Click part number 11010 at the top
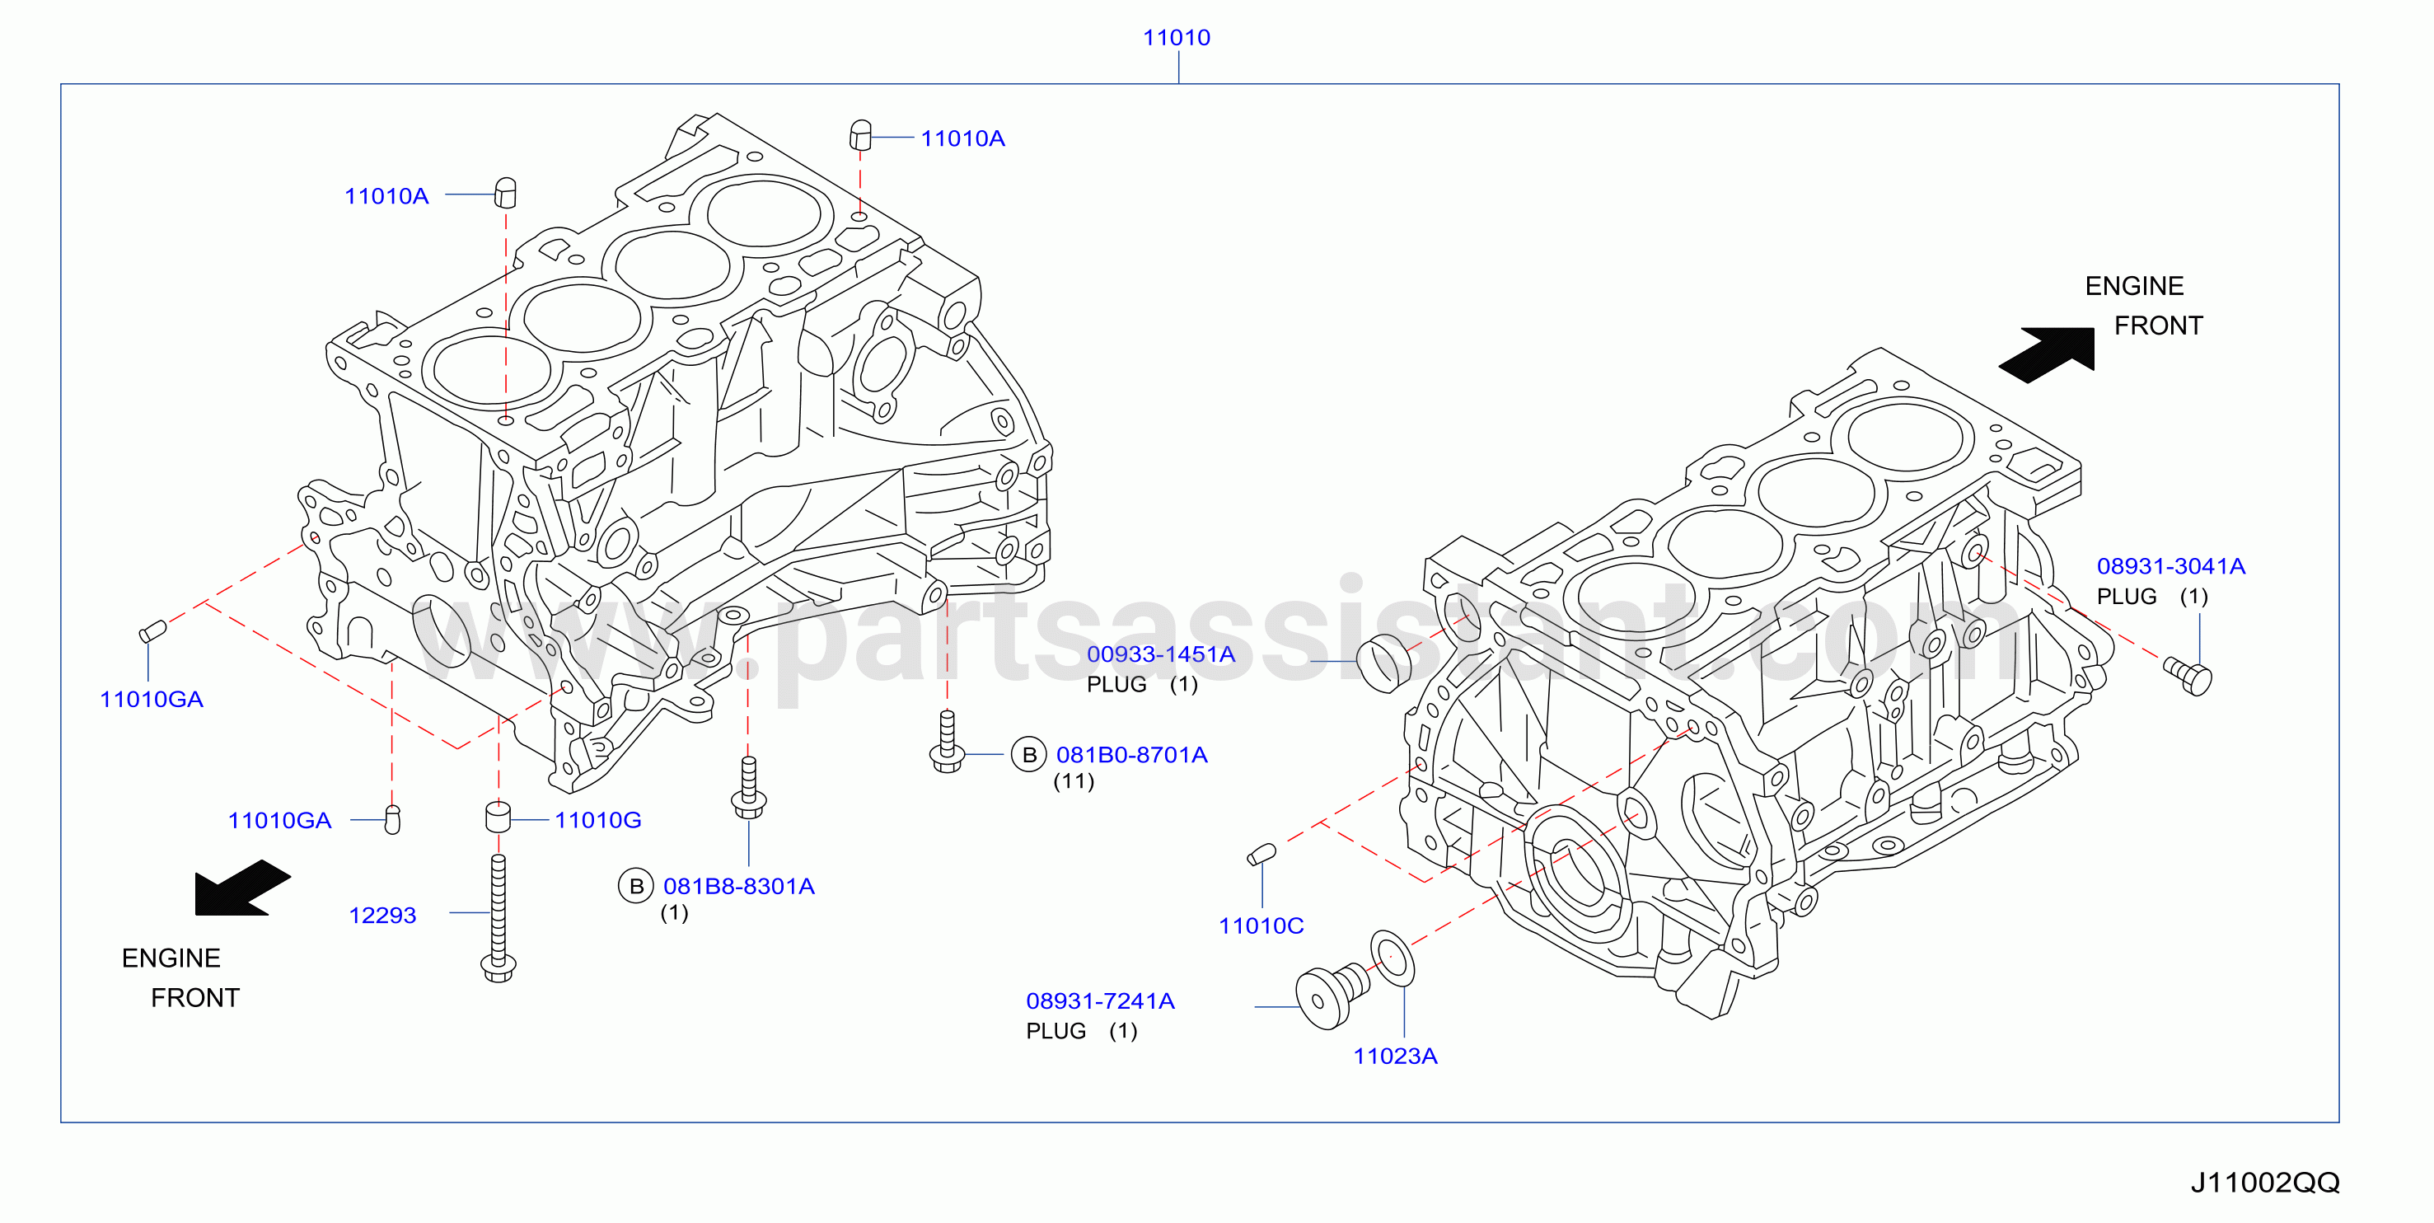click(1177, 38)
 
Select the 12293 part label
click(382, 915)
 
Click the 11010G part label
click(597, 819)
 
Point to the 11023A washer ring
click(1392, 958)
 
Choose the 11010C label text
click(1261, 925)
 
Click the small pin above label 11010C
click(1261, 855)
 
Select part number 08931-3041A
click(2171, 566)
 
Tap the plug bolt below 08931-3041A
click(2188, 676)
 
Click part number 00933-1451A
click(1160, 654)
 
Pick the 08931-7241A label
click(1101, 1000)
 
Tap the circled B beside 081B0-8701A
click(1029, 754)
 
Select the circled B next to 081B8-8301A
click(636, 886)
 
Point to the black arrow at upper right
click(2048, 354)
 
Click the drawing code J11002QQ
click(2266, 1183)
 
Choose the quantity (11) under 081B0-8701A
click(1074, 781)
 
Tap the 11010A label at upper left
click(386, 195)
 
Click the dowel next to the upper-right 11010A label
click(860, 135)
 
